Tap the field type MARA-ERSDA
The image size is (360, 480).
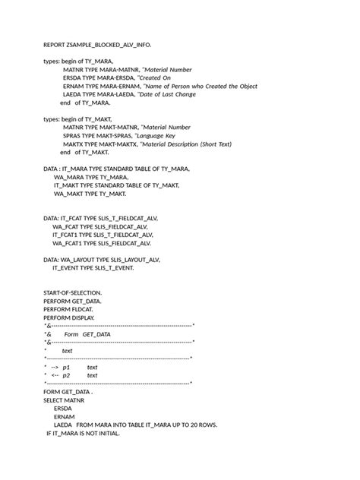[117, 77]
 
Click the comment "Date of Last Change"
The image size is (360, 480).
[169, 94]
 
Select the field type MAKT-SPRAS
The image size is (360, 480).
[115, 135]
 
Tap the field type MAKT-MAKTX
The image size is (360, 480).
[116, 144]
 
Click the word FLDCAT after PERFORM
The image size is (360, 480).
[89, 309]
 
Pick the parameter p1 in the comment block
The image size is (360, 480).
[66, 367]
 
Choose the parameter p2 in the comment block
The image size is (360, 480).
[66, 375]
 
